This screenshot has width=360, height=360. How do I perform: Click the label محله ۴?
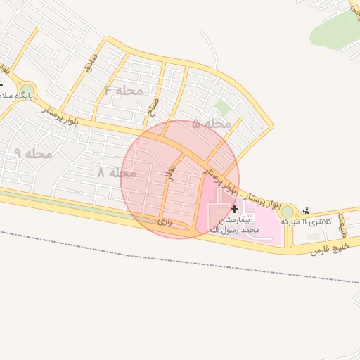123,91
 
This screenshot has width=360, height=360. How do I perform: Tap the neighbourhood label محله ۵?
211,124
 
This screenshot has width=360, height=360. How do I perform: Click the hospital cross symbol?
234,208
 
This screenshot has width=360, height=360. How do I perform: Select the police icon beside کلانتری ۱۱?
306,210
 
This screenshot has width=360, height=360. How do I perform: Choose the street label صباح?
153,107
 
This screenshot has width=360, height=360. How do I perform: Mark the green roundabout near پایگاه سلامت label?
27,90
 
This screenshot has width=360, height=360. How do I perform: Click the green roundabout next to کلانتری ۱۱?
287,212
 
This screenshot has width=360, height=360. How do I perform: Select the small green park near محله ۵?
222,108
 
